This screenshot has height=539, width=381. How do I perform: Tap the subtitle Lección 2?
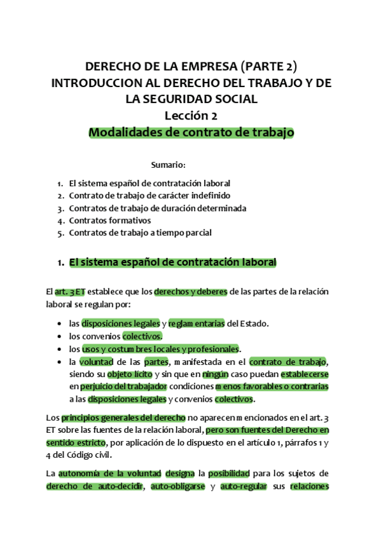pyautogui.click(x=191, y=116)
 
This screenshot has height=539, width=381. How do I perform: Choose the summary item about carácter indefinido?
pyautogui.click(x=149, y=195)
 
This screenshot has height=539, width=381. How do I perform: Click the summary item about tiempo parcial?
pyautogui.click(x=140, y=233)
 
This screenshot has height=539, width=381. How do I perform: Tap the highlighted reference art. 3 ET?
pyautogui.click(x=70, y=292)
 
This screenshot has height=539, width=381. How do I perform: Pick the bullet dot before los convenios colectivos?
pyautogui.click(x=59, y=336)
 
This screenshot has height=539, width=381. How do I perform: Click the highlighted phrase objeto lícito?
pyautogui.click(x=129, y=374)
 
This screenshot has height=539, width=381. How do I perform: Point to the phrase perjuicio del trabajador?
pyautogui.click(x=123, y=386)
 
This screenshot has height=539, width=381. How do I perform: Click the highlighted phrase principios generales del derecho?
pyautogui.click(x=123, y=418)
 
